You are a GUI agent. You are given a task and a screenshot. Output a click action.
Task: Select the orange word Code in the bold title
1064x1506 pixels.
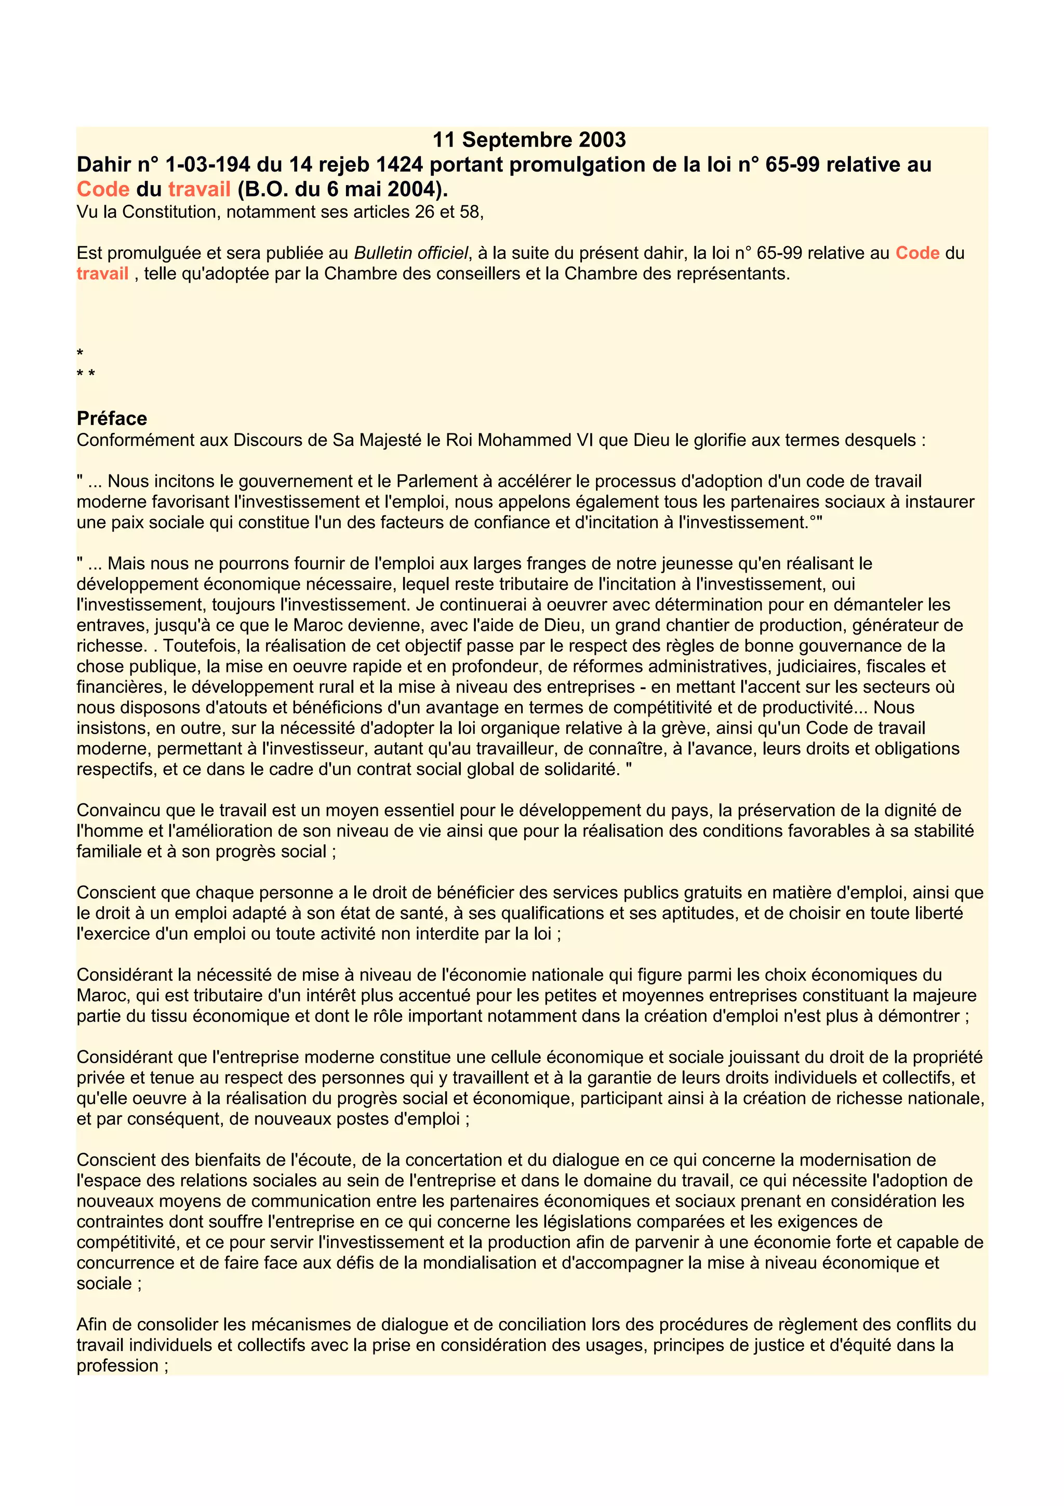[x=103, y=190]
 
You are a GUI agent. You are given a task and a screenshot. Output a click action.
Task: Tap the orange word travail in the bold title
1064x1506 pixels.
[x=199, y=190]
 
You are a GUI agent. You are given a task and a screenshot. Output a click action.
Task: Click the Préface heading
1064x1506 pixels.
[x=112, y=418]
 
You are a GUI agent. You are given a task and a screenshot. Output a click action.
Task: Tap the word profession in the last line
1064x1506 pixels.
[x=117, y=1366]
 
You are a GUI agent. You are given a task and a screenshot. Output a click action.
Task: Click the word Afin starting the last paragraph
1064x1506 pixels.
[x=93, y=1325]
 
